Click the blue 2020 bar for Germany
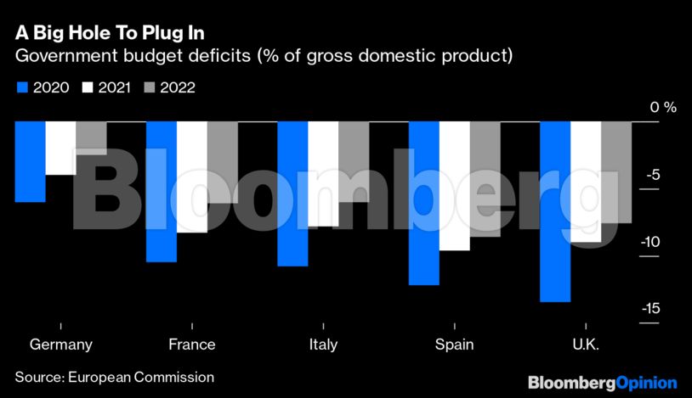30,161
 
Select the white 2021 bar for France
191,177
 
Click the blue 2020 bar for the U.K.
556,211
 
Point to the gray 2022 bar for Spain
485,179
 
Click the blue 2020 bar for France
161,191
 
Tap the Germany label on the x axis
60,345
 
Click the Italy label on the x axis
323,345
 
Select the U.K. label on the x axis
586,345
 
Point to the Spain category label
455,345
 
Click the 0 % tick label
662,108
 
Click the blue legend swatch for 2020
22,87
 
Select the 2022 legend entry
171,87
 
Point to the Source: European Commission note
114,376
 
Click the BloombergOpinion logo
602,383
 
